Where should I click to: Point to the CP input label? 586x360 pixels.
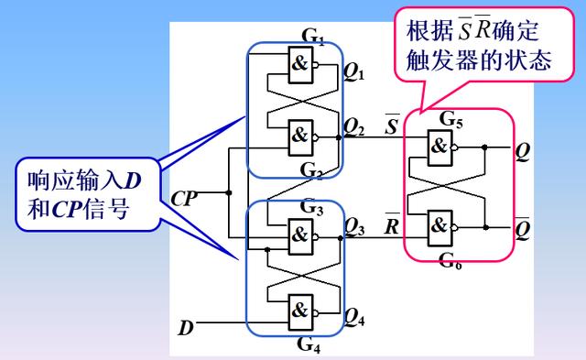tap(184, 195)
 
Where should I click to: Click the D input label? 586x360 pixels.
tap(186, 324)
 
